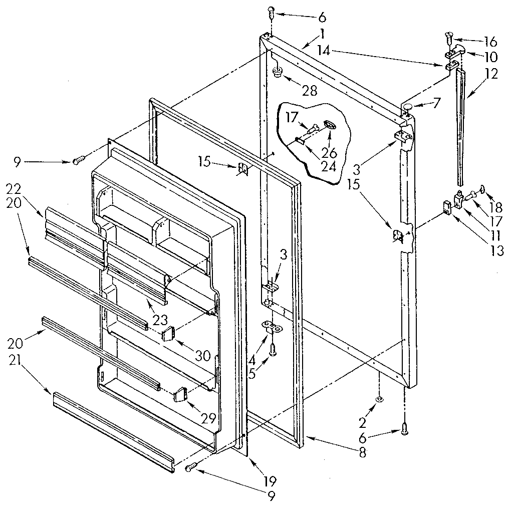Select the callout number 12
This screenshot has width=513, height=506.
(x=491, y=74)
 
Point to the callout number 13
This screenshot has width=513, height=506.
(x=496, y=251)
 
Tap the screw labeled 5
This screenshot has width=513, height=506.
(x=273, y=352)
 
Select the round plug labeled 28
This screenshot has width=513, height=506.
(x=277, y=73)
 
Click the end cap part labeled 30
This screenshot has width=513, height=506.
(x=169, y=333)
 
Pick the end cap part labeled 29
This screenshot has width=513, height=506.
(x=180, y=395)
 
